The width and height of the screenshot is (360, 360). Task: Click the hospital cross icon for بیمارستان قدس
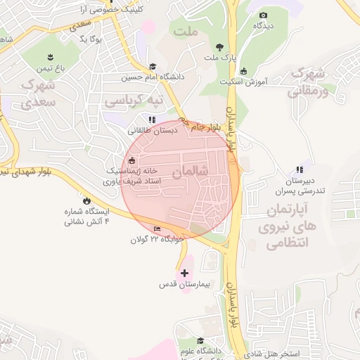point(185,273)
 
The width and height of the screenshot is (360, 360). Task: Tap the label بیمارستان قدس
point(185,285)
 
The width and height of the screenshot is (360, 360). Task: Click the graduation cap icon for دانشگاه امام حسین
point(153,67)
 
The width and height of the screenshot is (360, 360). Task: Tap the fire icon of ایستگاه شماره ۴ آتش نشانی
point(86,200)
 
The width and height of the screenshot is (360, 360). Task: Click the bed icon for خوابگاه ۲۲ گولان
point(157,229)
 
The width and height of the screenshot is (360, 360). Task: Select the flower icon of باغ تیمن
point(51,56)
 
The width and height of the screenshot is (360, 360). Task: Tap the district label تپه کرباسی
point(134,101)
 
